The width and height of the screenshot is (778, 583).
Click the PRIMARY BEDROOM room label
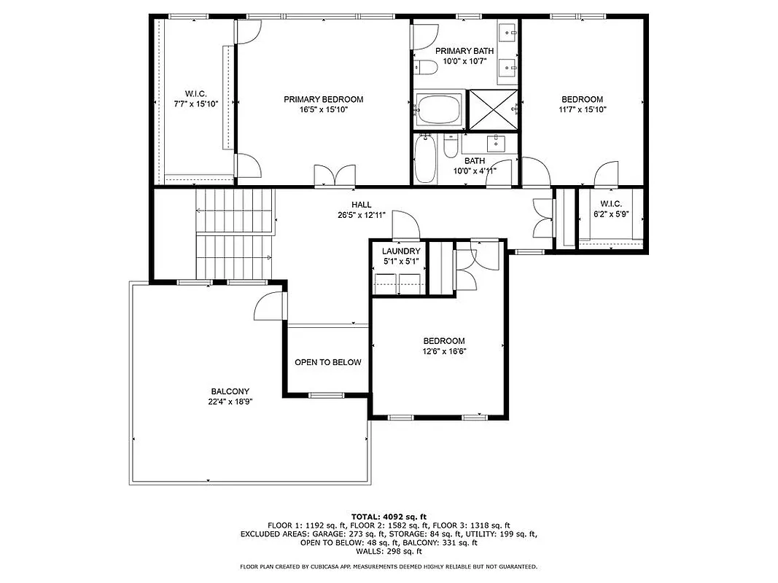tap(323, 99)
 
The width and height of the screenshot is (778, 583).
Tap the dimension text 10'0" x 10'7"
tap(464, 61)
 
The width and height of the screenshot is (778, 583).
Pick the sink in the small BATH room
tap(499, 140)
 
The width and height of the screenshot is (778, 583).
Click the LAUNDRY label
tap(401, 251)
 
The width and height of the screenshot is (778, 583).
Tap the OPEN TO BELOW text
tap(327, 362)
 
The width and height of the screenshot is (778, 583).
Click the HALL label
tap(361, 206)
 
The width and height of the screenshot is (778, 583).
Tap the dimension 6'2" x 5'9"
tap(611, 214)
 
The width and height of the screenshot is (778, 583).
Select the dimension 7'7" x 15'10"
tap(195, 104)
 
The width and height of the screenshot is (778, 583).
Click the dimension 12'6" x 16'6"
tap(444, 351)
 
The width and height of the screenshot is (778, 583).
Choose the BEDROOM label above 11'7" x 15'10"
tap(582, 99)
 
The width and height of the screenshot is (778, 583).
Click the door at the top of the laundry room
tap(405, 227)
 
